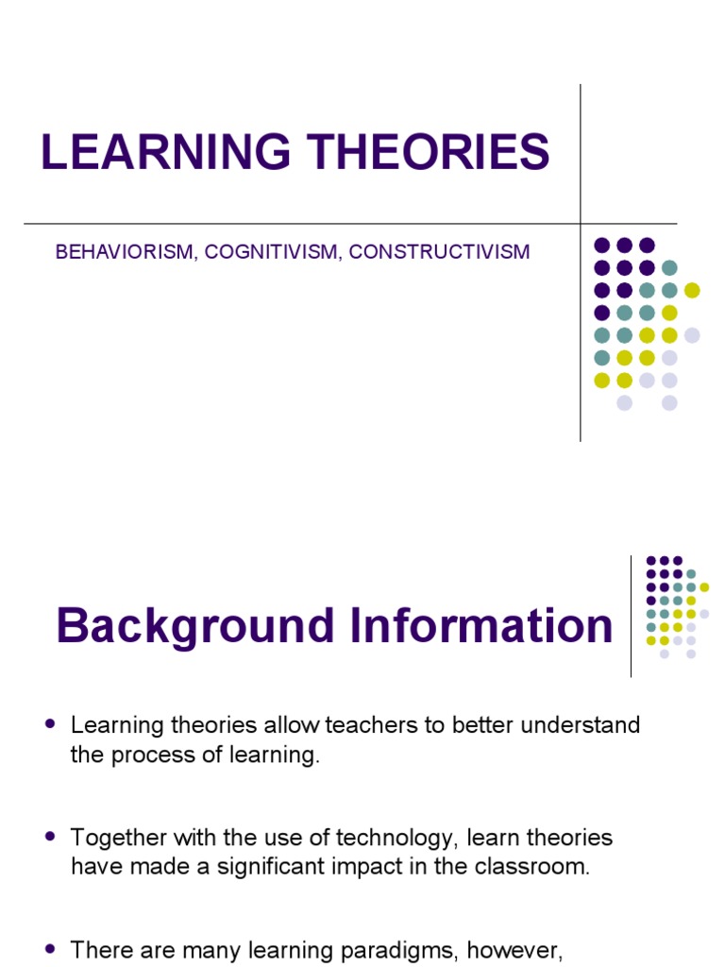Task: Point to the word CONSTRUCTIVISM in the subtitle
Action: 440,252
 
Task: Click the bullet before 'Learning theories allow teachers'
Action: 51,724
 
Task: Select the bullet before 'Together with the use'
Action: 51,837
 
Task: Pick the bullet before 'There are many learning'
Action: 51,948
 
